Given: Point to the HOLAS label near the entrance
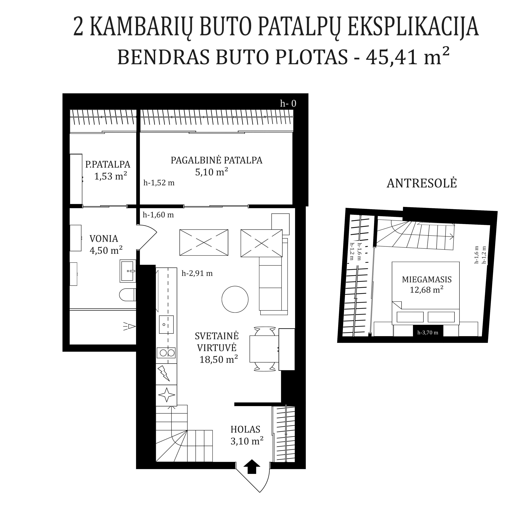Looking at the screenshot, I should (x=245, y=429).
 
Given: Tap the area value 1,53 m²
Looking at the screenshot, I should (x=110, y=176).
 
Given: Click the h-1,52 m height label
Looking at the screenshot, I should (x=159, y=183).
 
